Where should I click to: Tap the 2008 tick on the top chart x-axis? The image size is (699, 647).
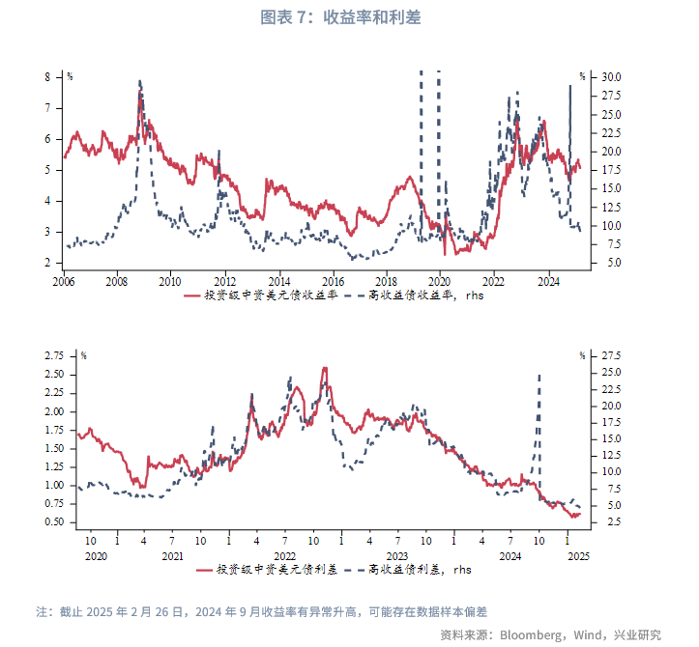click(x=116, y=282)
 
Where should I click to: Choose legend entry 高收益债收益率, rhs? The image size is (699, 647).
click(x=425, y=296)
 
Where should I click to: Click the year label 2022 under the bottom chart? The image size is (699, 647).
click(x=284, y=556)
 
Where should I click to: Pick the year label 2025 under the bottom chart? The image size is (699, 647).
click(x=576, y=556)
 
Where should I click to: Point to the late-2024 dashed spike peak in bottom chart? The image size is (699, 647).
click(x=539, y=375)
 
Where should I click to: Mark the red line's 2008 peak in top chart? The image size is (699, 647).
click(x=141, y=94)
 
